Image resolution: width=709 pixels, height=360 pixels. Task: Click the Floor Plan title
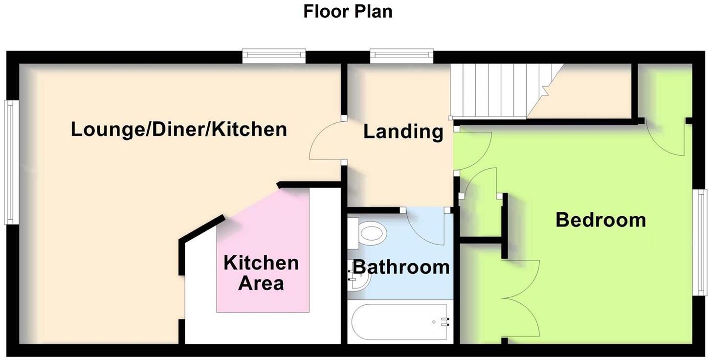348,11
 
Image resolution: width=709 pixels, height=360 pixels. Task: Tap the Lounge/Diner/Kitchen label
178,130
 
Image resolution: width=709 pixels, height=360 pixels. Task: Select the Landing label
403,132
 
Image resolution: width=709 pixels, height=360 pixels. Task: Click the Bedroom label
600,220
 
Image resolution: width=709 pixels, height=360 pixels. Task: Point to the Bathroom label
401,267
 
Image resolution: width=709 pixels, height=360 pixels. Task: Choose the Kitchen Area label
261,273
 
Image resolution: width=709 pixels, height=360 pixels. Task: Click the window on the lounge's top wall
274,56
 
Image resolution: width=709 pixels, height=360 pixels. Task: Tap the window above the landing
401,56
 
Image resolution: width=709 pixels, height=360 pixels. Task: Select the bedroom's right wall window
702,242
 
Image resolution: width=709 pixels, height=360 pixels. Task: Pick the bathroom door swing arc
424,227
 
